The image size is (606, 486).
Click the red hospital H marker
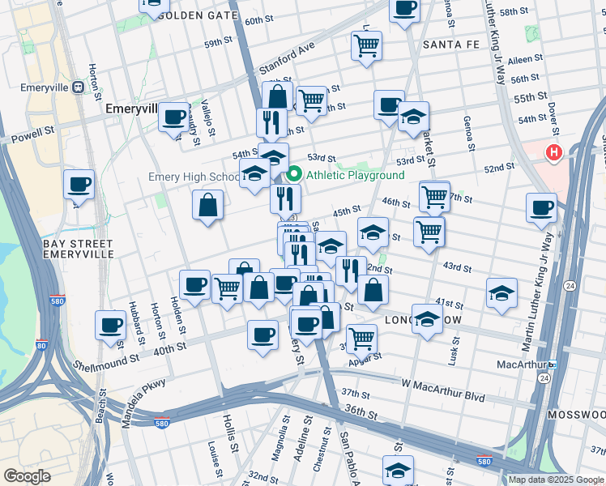tap(554, 151)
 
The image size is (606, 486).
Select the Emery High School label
tap(194, 177)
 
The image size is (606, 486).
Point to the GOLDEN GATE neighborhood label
tap(198, 15)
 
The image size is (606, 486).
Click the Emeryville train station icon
tap(79, 87)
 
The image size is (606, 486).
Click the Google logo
tap(27, 476)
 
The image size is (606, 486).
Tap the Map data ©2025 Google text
tap(555, 480)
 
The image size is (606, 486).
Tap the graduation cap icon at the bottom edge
tap(398, 470)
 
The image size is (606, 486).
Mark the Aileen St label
tap(525, 60)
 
